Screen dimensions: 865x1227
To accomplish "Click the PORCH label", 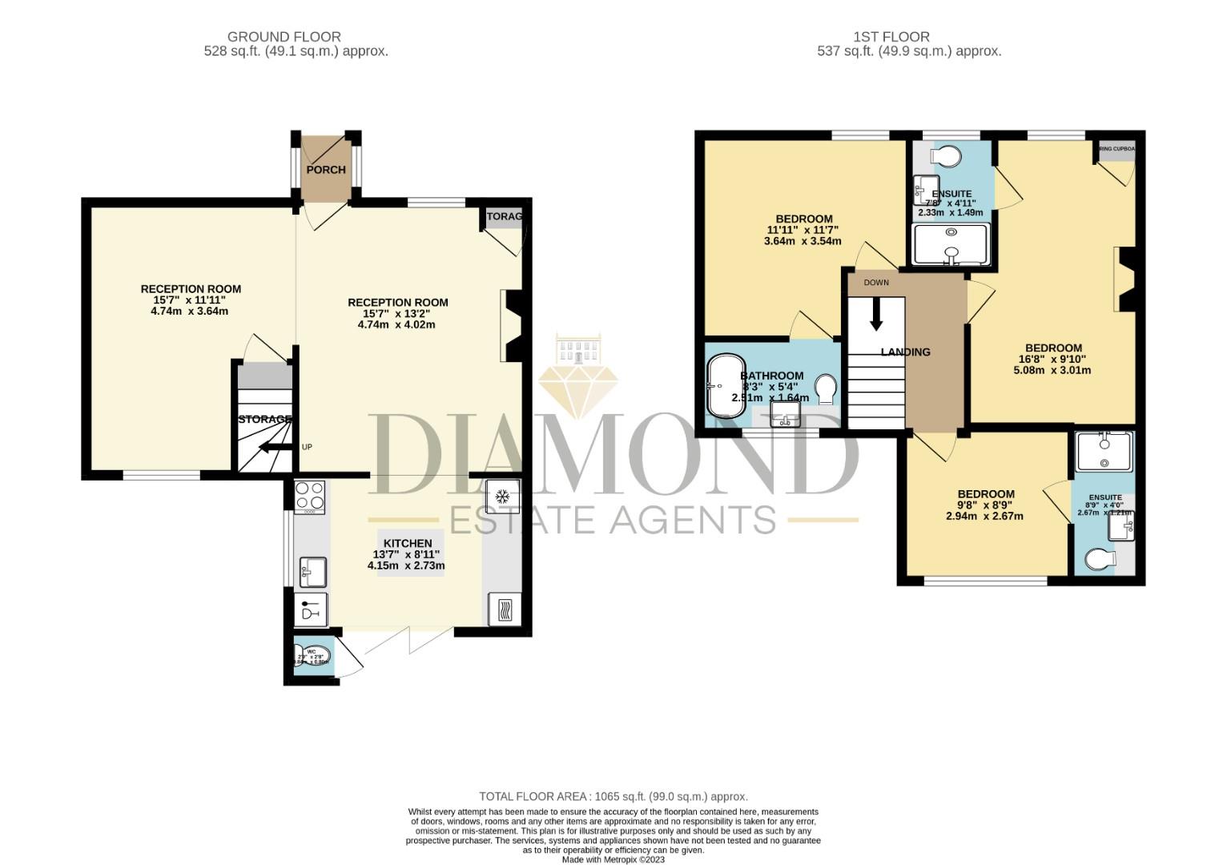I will pos(326,170).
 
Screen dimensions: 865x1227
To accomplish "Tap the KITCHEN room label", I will pos(408,543).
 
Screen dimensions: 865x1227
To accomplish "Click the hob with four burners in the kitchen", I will pos(309,496).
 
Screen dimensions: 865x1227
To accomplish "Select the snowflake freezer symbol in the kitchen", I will pos(503,497).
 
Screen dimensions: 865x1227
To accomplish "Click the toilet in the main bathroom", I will pos(825,389).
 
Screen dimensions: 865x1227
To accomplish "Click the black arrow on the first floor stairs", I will pos(876,314).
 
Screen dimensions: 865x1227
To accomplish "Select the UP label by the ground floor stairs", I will pos(307,447).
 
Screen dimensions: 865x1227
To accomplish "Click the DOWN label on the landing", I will pos(876,283).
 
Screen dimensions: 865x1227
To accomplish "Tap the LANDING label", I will pos(906,352).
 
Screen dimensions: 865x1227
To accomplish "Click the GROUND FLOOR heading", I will pos(284,37).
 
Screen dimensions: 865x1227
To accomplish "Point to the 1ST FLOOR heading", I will pos(891,37).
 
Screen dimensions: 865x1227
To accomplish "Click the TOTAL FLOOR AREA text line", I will pos(613,796).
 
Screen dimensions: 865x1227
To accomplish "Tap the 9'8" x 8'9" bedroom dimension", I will pos(984,505).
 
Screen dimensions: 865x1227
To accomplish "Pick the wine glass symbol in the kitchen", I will pos(311,611).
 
